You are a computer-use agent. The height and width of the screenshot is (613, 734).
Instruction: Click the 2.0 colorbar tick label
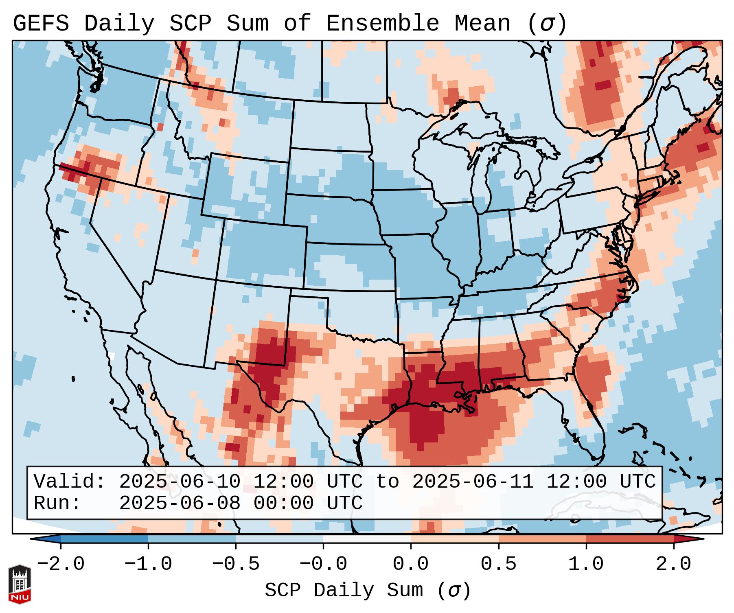pyautogui.click(x=673, y=564)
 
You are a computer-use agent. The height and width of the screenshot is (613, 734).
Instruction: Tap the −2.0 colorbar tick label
pyautogui.click(x=61, y=564)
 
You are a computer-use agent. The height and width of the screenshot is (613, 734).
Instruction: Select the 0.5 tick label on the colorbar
pyautogui.click(x=498, y=564)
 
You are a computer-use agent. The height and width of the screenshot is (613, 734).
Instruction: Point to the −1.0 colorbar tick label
pyautogui.click(x=148, y=564)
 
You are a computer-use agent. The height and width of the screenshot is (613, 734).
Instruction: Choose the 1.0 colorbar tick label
pyautogui.click(x=586, y=564)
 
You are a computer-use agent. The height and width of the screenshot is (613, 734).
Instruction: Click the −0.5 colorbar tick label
pyautogui.click(x=236, y=564)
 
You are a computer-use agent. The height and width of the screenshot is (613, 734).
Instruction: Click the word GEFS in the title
pyautogui.click(x=41, y=24)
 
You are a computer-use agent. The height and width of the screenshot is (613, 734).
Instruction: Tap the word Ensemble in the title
pyautogui.click(x=383, y=24)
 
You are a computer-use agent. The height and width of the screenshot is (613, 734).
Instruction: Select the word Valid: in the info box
pyautogui.click(x=70, y=482)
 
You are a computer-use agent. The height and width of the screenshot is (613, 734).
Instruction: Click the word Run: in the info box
pyautogui.click(x=57, y=503)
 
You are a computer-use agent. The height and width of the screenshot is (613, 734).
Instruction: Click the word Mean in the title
pyautogui.click(x=482, y=24)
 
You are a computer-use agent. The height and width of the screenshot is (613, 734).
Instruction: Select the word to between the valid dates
pyautogui.click(x=387, y=482)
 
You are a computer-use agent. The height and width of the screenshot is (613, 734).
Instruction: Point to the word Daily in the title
pyautogui.click(x=119, y=24)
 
